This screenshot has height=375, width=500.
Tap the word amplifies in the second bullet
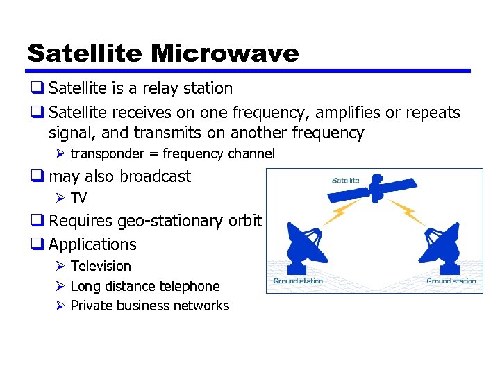316,112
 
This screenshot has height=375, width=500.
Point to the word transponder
108,153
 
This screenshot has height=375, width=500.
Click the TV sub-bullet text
78,198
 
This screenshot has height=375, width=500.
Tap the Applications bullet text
92,244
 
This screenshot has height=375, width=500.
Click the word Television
101,266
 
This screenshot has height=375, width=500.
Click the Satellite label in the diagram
345,181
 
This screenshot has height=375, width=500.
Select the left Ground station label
298,281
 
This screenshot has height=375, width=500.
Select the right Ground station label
451,281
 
